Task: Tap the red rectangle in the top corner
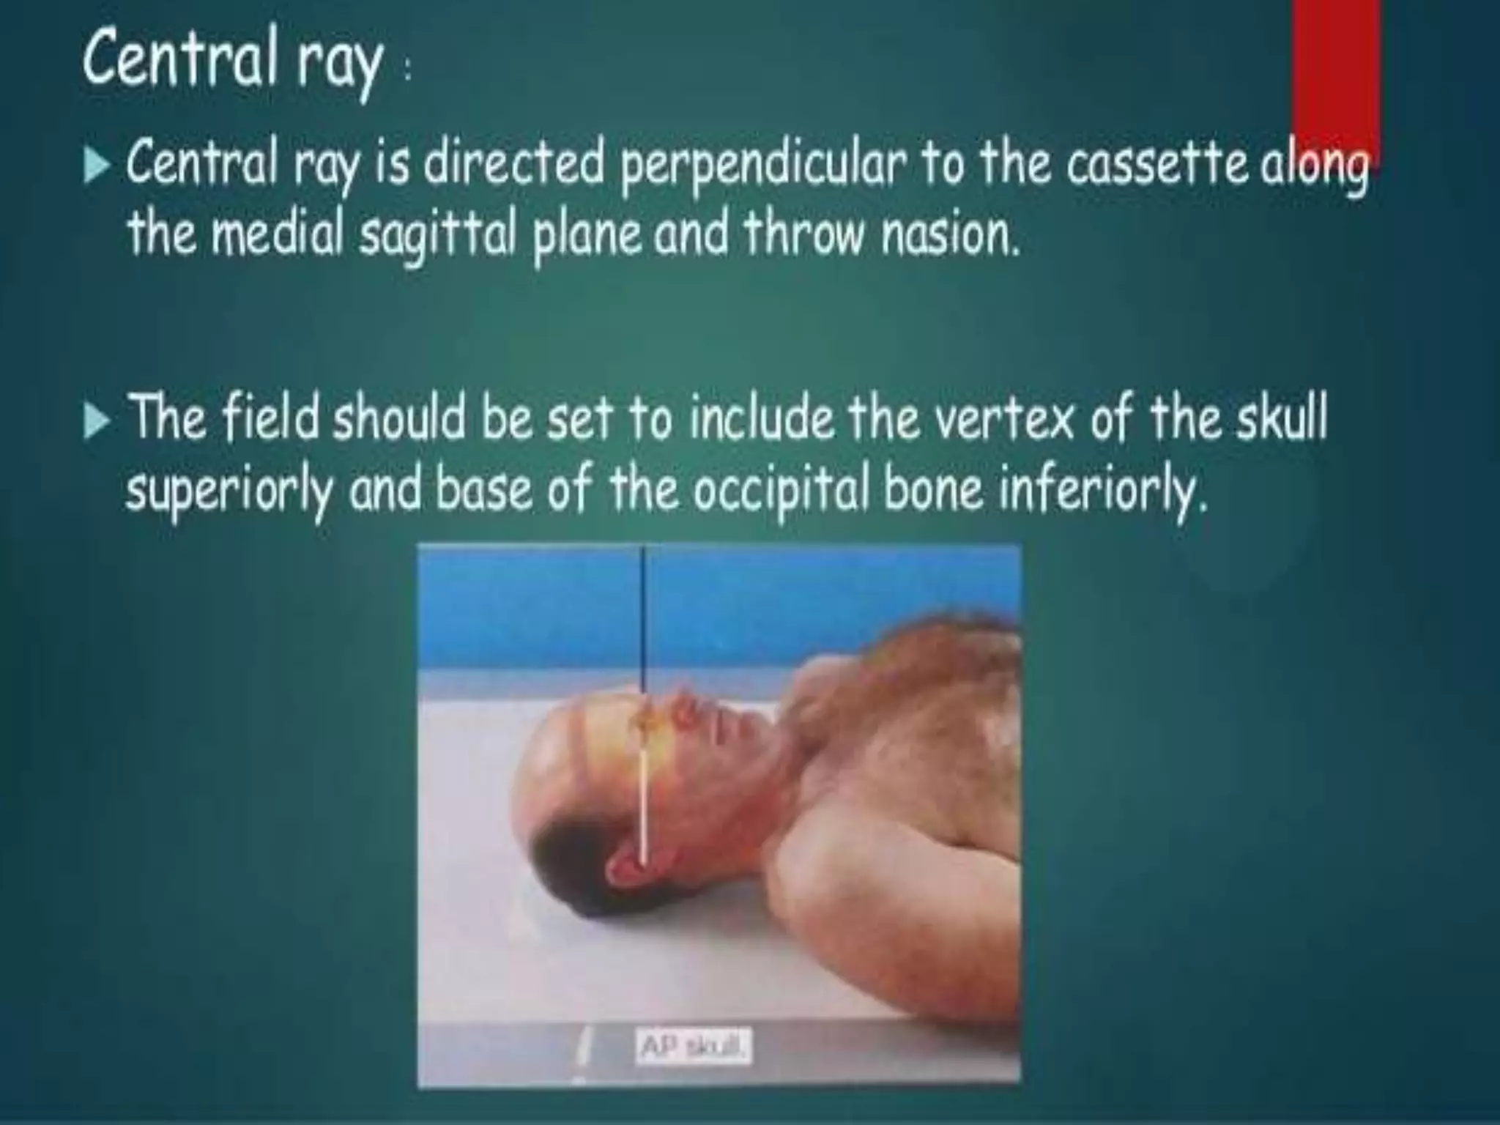(1336, 73)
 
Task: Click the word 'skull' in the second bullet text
(1282, 420)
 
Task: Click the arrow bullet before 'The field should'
(96, 423)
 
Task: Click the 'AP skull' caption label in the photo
(693, 1048)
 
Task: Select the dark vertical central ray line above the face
(644, 623)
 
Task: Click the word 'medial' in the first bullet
(282, 234)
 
